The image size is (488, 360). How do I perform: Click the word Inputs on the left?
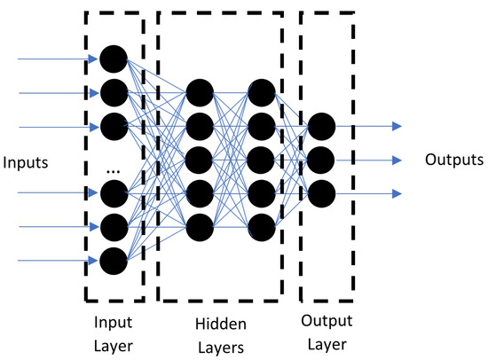(26, 163)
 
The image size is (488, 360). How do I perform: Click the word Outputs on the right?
(453, 160)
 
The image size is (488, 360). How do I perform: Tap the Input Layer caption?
(113, 325)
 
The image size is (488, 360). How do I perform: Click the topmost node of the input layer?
(113, 59)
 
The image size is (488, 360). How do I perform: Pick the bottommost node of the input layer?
(113, 260)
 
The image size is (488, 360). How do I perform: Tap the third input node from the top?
(113, 125)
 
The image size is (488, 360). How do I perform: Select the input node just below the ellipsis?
(113, 192)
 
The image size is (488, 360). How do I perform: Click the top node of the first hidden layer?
(200, 92)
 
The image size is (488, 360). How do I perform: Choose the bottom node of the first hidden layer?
(200, 225)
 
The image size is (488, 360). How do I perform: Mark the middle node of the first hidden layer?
(200, 159)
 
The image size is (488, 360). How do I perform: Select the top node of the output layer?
(321, 127)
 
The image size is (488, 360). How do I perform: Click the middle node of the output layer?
(321, 160)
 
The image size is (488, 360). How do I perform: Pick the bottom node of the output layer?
(321, 192)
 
